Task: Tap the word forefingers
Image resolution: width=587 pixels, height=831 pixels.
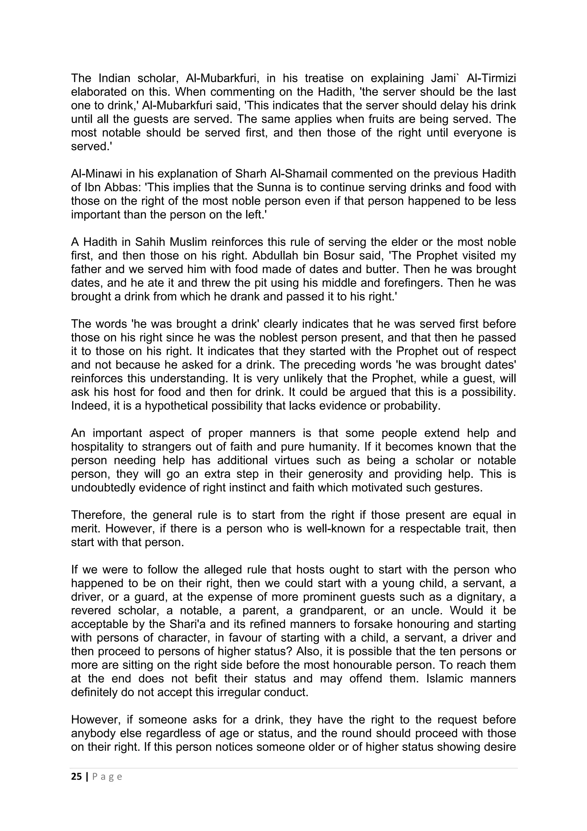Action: tap(406, 283)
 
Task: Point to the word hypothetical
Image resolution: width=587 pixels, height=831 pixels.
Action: tap(176, 406)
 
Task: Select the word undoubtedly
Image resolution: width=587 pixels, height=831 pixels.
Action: tap(102, 487)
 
